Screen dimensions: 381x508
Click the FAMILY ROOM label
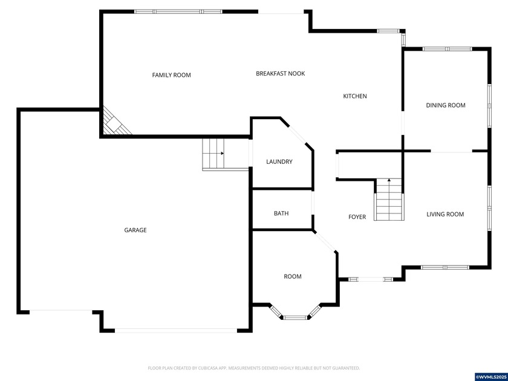[171, 75]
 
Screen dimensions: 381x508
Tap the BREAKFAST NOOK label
[280, 73]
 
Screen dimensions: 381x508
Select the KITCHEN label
[355, 96]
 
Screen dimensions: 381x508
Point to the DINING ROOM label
[446, 105]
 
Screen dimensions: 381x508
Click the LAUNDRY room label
[279, 161]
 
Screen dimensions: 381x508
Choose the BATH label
[281, 213]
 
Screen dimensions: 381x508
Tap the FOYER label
[357, 217]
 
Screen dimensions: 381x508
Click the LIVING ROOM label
[445, 214]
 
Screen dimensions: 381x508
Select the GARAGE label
[135, 230]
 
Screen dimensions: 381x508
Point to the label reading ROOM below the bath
[293, 276]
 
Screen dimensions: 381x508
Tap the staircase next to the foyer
[389, 200]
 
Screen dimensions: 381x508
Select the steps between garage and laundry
[213, 154]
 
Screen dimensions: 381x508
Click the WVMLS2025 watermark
[490, 377]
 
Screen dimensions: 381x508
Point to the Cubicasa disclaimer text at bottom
[254, 368]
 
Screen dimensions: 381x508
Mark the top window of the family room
[178, 11]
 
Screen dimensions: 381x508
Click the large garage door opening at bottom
[176, 330]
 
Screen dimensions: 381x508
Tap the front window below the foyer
[371, 279]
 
